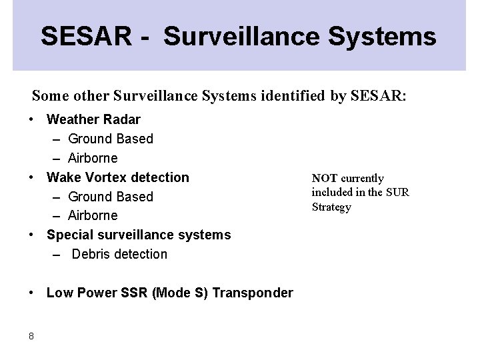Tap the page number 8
pos(31,336)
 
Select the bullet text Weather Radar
pos(93,119)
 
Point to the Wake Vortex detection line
pos(118,177)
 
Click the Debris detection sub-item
pos(119,254)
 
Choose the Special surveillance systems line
pos(139,235)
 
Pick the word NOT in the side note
pos(324,178)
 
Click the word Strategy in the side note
pos(331,207)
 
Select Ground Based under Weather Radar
pos(111,139)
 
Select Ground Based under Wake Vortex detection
pos(111,197)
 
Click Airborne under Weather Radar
pos(93,158)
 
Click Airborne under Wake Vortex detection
pos(93,215)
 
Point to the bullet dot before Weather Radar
pos(31,119)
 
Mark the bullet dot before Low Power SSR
pos(31,293)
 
